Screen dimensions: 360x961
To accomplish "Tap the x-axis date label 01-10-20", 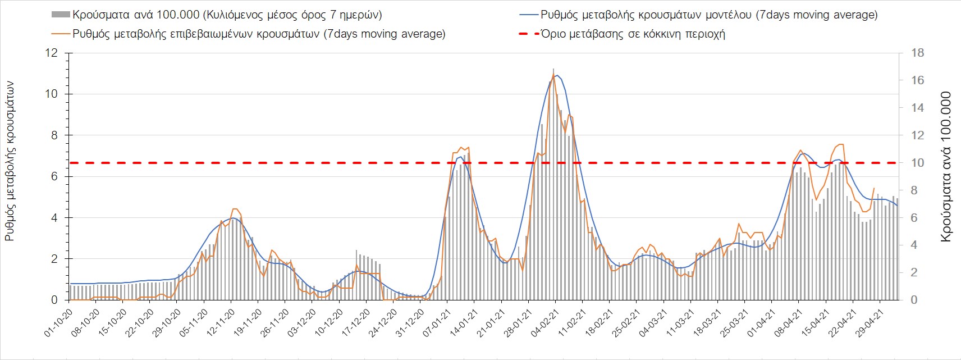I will tap(58, 322).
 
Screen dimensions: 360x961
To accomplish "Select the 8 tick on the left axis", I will tap(54, 135).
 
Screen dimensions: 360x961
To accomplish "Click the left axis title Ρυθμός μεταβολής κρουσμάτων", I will tap(10, 161).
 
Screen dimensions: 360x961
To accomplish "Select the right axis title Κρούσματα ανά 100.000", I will tap(946, 167).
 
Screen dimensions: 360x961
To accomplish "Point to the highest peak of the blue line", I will tap(556, 75).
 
